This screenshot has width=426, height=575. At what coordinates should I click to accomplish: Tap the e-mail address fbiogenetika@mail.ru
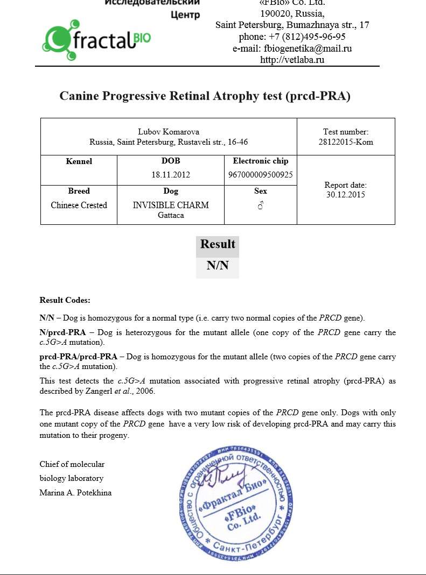tap(308, 48)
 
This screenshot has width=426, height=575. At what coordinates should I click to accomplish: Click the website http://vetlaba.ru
tap(292, 60)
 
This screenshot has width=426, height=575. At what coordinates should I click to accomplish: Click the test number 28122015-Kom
tap(346, 142)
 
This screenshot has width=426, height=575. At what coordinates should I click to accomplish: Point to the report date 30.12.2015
tap(346, 195)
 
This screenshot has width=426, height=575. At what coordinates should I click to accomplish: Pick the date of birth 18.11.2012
tap(171, 175)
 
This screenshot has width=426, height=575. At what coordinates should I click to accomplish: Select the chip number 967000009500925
tap(261, 175)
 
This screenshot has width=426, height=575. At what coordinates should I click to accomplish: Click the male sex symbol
tap(261, 205)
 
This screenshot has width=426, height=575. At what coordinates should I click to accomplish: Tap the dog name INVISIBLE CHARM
tap(171, 205)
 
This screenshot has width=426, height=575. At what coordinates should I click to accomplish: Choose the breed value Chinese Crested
tap(79, 205)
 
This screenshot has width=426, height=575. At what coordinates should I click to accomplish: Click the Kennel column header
tap(79, 161)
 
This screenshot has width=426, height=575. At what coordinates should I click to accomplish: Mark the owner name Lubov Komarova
tap(169, 132)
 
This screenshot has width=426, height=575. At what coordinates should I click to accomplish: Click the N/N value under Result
tap(218, 266)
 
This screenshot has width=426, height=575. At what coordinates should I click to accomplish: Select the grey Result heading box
tap(218, 245)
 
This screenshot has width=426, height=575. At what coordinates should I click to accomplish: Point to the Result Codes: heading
tap(65, 300)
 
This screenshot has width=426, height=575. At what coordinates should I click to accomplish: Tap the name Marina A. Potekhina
tap(75, 492)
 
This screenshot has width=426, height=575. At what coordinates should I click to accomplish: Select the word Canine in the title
tap(79, 96)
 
